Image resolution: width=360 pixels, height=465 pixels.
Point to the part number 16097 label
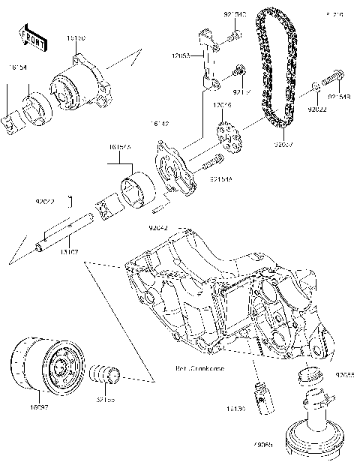(x=39, y=406)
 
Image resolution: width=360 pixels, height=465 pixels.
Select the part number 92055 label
(x=346, y=373)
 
